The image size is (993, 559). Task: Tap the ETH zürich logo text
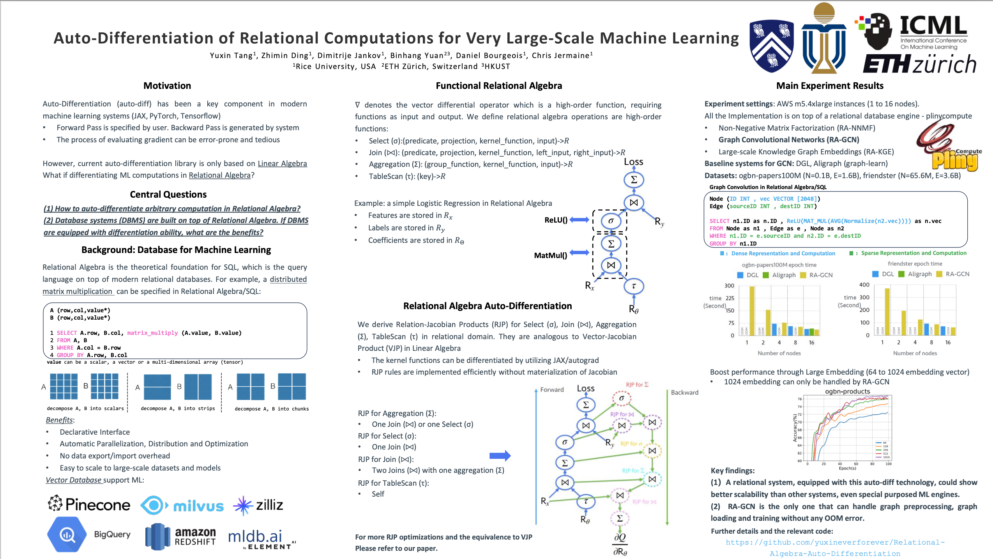pyautogui.click(x=919, y=64)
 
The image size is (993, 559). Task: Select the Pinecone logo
pyautogui.click(x=89, y=504)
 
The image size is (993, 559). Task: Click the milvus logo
pyautogui.click(x=182, y=506)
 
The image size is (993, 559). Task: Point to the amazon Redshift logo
pyautogui.click(x=180, y=537)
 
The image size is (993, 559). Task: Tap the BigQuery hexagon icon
pyautogui.click(x=67, y=534)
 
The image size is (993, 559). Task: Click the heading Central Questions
pyautogui.click(x=168, y=195)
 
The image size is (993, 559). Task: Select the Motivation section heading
pyautogui.click(x=167, y=86)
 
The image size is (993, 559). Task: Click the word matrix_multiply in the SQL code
pyautogui.click(x=152, y=333)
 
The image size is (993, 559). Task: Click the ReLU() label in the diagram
pyautogui.click(x=556, y=220)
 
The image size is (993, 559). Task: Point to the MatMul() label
pyautogui.click(x=550, y=255)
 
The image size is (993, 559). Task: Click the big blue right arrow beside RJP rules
pyautogui.click(x=500, y=456)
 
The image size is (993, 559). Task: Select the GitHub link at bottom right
pyautogui.click(x=835, y=548)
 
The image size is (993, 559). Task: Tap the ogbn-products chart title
pyautogui.click(x=847, y=391)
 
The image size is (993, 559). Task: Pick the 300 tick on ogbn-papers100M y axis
pyautogui.click(x=729, y=286)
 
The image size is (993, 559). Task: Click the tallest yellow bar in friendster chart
pyautogui.click(x=887, y=311)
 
